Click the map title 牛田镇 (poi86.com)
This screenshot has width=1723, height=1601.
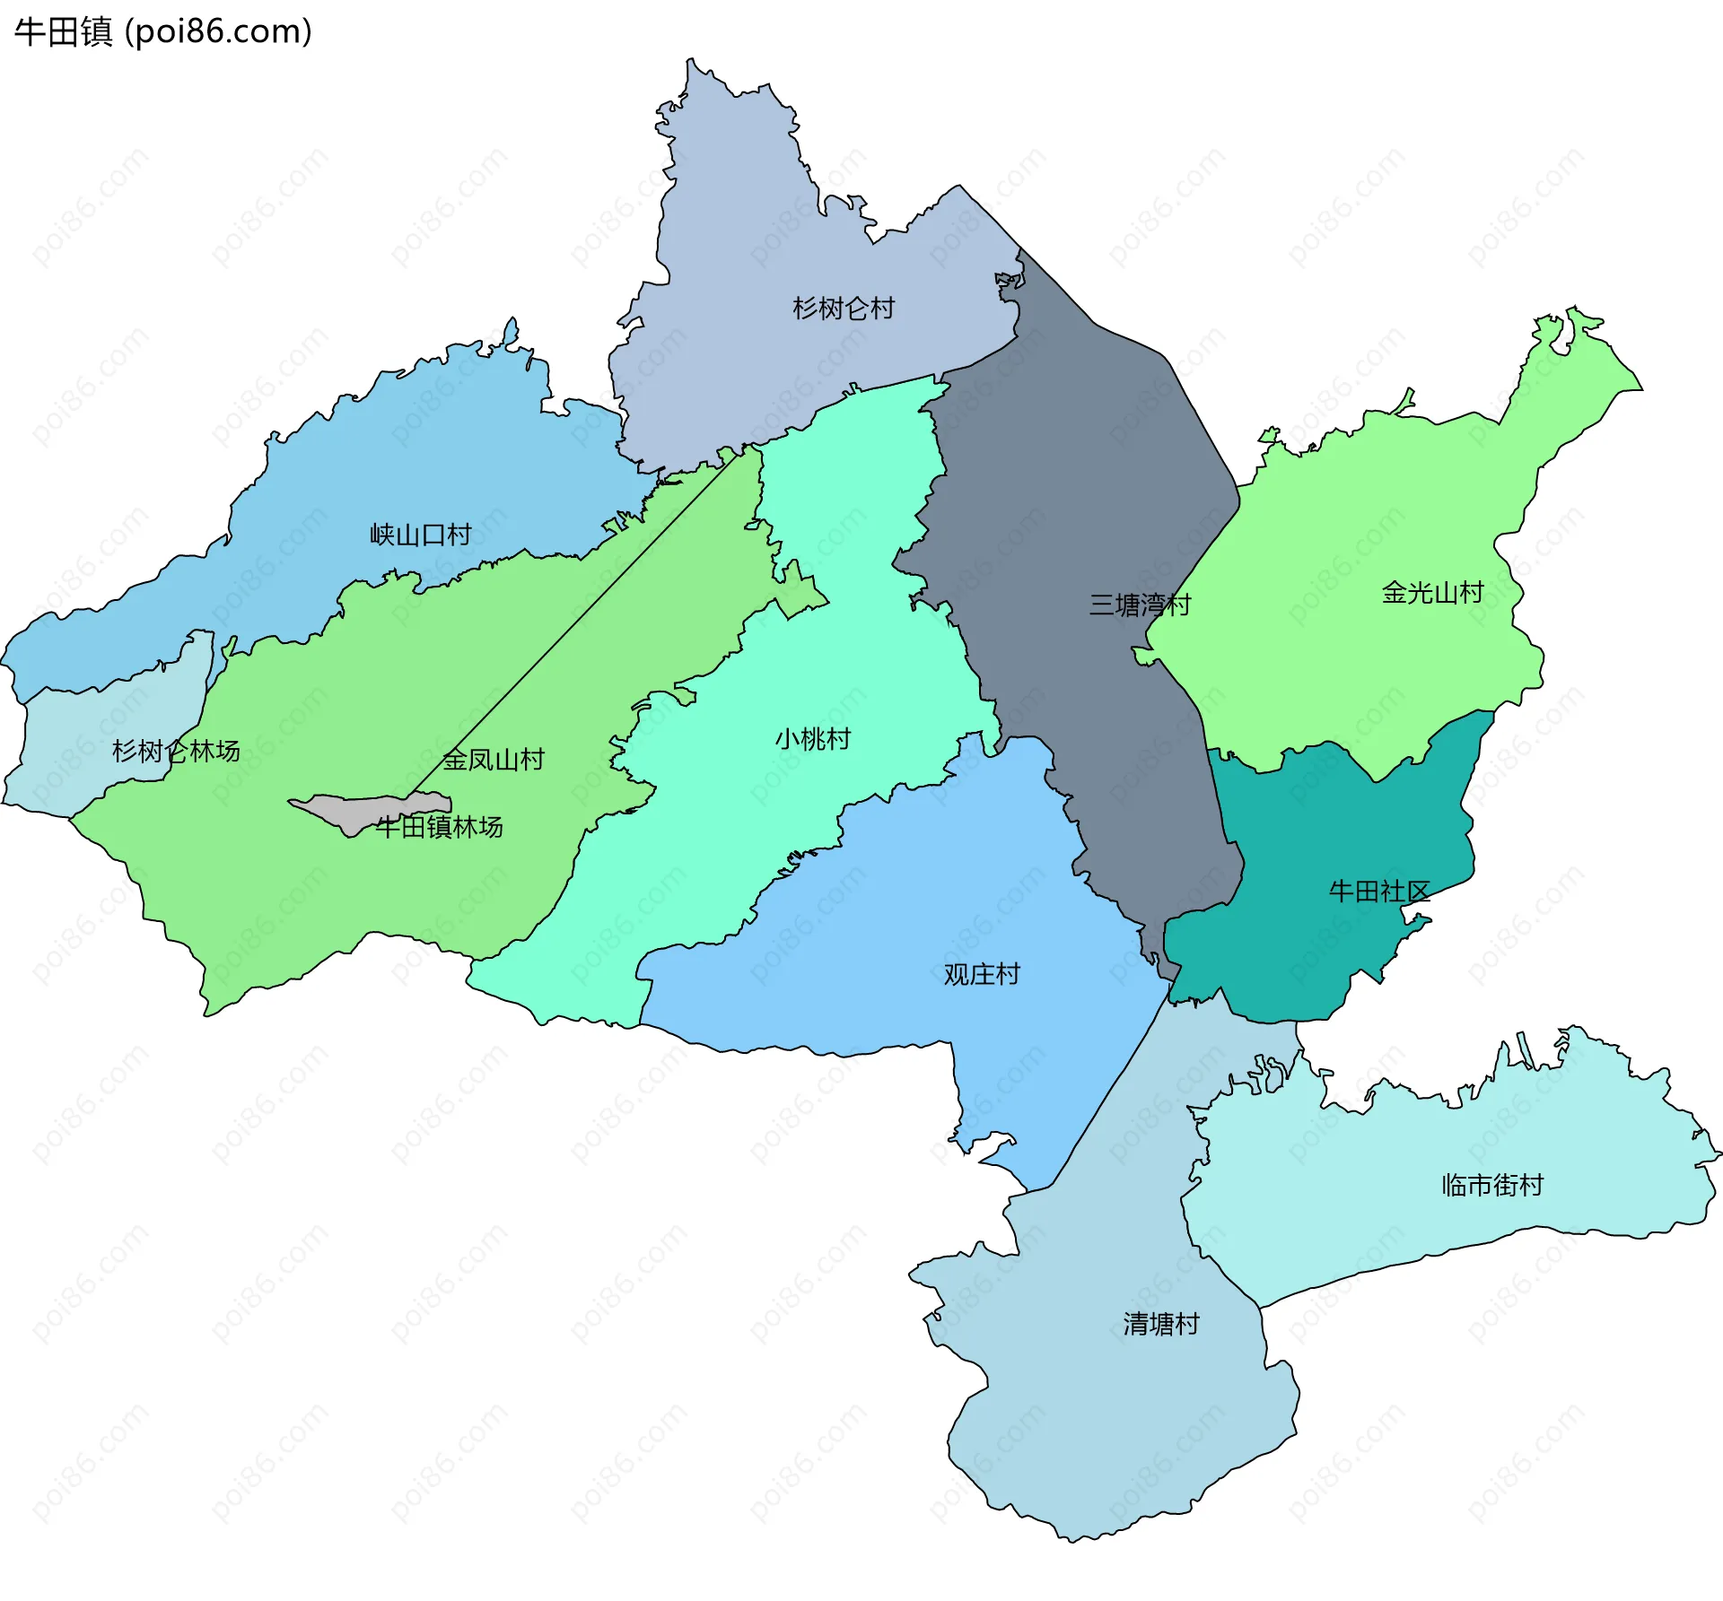pyautogui.click(x=162, y=31)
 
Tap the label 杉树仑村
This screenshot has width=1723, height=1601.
pyautogui.click(x=843, y=309)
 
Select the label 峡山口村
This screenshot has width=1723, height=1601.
pyautogui.click(x=420, y=535)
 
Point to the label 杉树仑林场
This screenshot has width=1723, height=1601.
pyautogui.click(x=175, y=751)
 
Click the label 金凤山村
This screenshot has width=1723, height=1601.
pyautogui.click(x=494, y=760)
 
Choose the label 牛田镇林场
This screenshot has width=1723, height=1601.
pyautogui.click(x=439, y=826)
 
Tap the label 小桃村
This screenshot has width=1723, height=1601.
pyautogui.click(x=812, y=739)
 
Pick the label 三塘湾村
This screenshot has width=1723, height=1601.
pyautogui.click(x=1139, y=605)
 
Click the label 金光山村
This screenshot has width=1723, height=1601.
pyautogui.click(x=1432, y=592)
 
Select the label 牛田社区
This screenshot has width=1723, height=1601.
pyautogui.click(x=1378, y=891)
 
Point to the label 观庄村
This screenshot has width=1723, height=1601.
pyautogui.click(x=982, y=974)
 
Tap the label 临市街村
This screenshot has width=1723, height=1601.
pyautogui.click(x=1491, y=1185)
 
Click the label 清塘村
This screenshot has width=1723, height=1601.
pyautogui.click(x=1160, y=1324)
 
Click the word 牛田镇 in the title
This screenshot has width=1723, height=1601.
pyautogui.click(x=63, y=31)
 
